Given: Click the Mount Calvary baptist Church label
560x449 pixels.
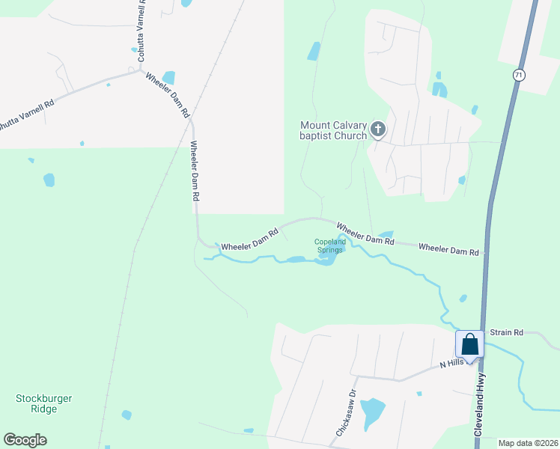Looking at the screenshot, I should coord(333,130).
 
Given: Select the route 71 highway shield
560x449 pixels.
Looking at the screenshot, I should coord(518,75).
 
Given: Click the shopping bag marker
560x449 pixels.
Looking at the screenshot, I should coord(470,345).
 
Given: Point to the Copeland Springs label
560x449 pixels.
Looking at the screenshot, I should coord(329,245).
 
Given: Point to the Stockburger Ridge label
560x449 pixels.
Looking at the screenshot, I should coord(44,404).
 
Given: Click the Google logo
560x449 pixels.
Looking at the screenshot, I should coord(25,439).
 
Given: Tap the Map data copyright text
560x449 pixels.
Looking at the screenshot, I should coord(528,443).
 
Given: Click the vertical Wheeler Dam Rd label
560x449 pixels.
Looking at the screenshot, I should coord(195,170).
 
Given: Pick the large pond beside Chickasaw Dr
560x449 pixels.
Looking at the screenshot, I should coord(371,412).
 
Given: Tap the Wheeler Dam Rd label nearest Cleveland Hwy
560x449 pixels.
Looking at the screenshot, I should coord(448,249).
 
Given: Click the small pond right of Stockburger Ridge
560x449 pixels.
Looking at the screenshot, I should coord(127,415).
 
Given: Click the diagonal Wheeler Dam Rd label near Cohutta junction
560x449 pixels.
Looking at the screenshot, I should coord(168,95).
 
